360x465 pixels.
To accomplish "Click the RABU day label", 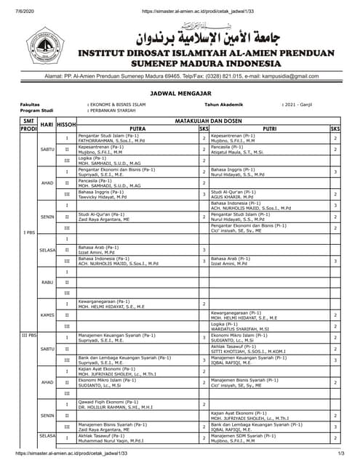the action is click(x=47, y=283).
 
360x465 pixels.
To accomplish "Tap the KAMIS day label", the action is click(x=47, y=315).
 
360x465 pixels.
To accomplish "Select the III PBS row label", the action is click(x=28, y=336).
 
